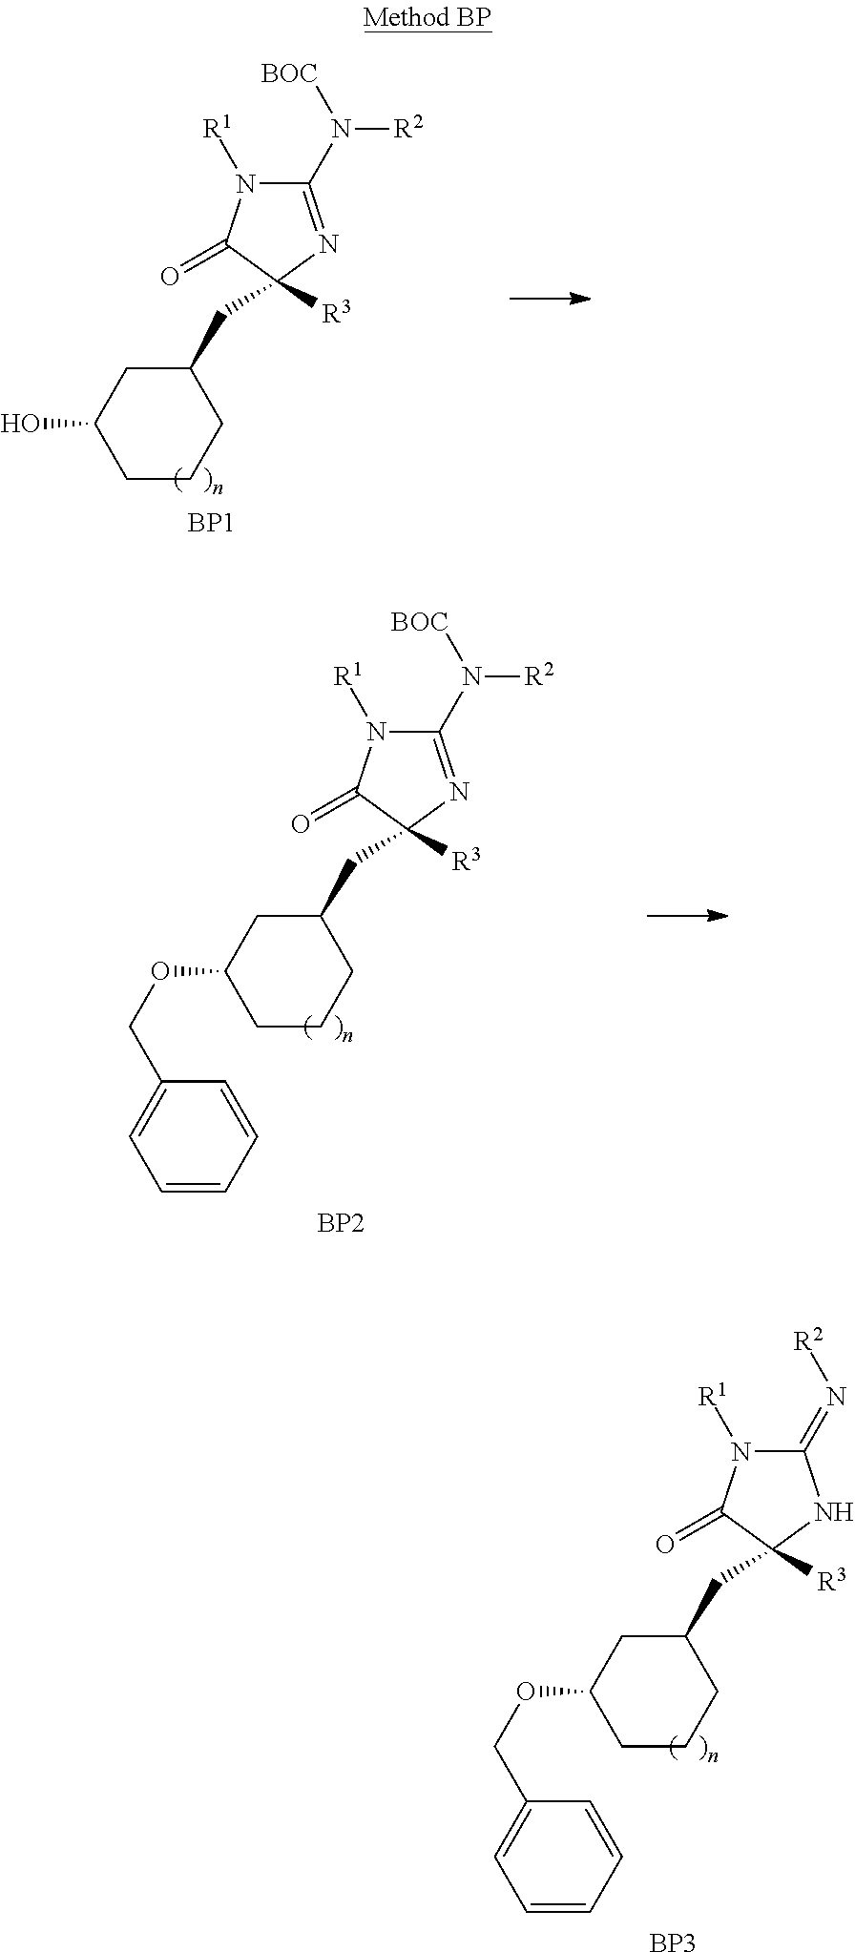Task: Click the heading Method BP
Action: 427,18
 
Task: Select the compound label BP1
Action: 210,524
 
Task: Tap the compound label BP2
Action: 341,1222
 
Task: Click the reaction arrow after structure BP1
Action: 550,300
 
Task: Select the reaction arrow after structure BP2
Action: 687,916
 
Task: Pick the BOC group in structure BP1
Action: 291,74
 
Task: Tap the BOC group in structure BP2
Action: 420,624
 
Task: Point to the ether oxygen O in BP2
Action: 160,972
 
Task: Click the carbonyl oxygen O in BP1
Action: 170,277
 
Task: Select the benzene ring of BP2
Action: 194,1136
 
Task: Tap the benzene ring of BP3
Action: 559,1856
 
